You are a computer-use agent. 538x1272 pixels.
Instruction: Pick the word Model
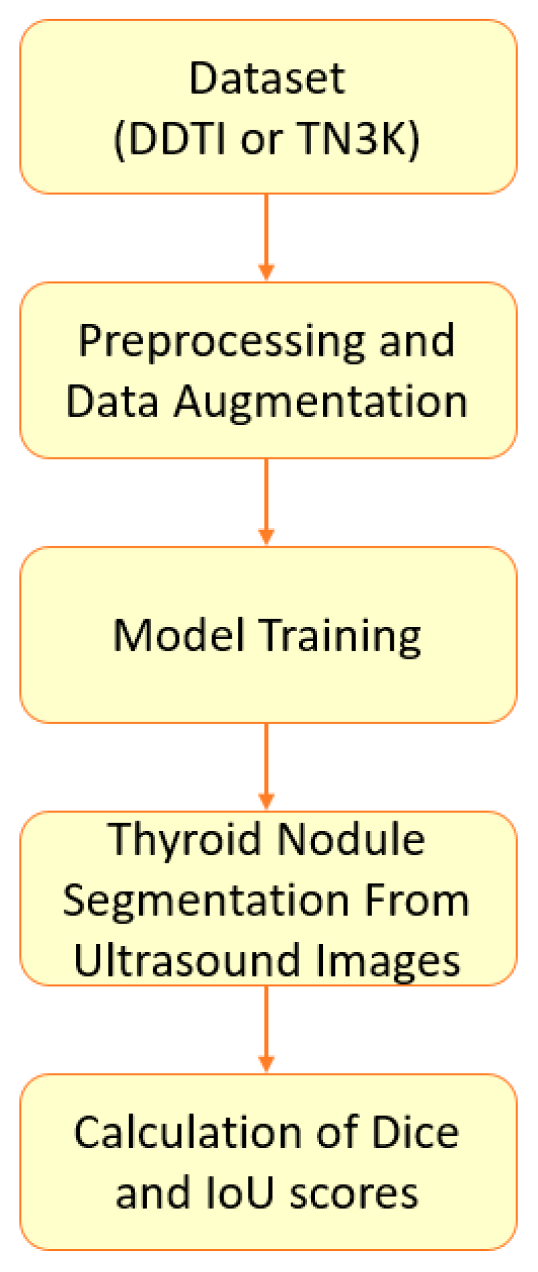[x=178, y=636]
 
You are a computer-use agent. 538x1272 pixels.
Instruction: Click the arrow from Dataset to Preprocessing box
[x=266, y=237]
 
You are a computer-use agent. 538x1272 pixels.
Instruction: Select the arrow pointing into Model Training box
[x=266, y=502]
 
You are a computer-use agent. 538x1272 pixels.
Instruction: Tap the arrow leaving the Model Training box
[x=266, y=766]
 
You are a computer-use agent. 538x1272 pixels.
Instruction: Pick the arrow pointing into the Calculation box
[x=266, y=1029]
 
